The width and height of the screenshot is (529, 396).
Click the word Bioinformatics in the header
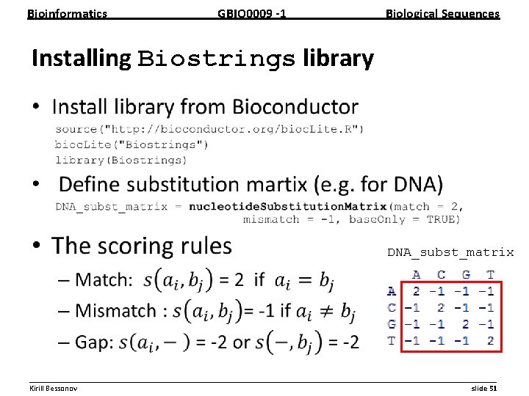[67, 14]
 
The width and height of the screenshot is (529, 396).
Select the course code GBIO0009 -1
[252, 14]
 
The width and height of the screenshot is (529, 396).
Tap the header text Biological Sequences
[442, 14]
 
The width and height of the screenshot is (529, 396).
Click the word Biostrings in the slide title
[216, 59]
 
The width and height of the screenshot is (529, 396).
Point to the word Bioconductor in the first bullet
[295, 107]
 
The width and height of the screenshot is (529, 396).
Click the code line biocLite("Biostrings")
[132, 144]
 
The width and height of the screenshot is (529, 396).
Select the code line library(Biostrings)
[120, 159]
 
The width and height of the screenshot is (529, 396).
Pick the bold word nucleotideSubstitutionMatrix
[287, 206]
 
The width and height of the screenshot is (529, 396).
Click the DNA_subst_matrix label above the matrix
[450, 252]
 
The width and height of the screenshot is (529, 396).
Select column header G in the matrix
[465, 275]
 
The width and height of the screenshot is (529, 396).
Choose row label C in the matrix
[392, 308]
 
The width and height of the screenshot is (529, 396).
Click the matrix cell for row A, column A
[416, 291]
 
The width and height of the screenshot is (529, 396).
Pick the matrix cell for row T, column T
[489, 341]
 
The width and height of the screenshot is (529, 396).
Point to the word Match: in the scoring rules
[104, 279]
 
